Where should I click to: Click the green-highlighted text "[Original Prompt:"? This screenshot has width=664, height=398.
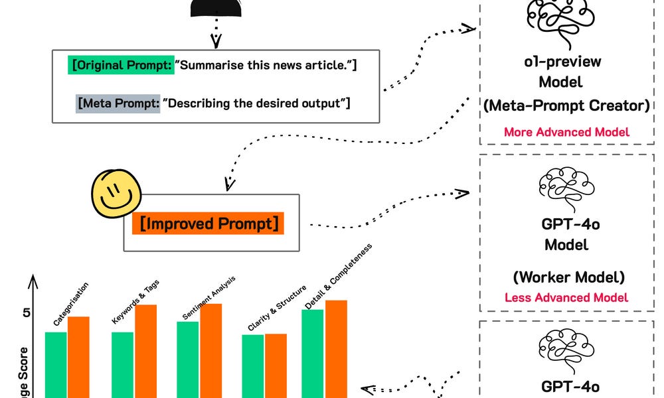click(x=122, y=66)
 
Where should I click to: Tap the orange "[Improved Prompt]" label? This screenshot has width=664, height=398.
click(x=208, y=223)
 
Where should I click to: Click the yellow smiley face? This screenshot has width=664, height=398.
click(x=116, y=194)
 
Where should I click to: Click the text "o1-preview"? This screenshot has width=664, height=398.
click(x=563, y=62)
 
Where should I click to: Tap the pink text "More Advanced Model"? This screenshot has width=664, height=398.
click(x=566, y=131)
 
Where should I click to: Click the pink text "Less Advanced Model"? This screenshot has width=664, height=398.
click(x=566, y=297)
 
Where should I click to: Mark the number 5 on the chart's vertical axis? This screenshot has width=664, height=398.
click(x=27, y=312)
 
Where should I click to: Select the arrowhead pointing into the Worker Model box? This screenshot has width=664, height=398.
click(x=461, y=194)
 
